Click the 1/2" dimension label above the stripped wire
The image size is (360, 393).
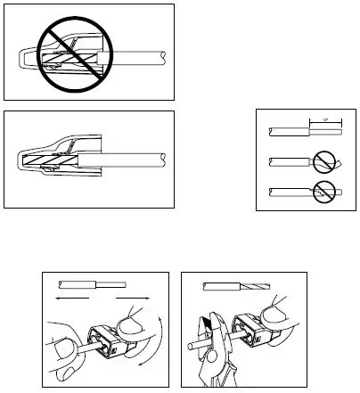click(x=319, y=119)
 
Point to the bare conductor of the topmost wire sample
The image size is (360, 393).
click(x=325, y=131)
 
